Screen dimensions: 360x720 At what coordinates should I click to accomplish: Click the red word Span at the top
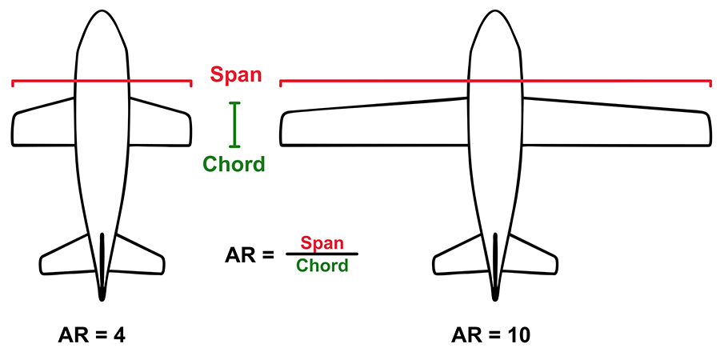tap(236, 74)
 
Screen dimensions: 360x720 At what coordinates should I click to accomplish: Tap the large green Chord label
tap(234, 165)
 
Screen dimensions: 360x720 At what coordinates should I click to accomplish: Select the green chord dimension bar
tap(234, 124)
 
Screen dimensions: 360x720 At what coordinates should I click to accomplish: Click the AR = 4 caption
tap(92, 335)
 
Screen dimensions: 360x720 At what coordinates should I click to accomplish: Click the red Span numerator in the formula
tap(322, 243)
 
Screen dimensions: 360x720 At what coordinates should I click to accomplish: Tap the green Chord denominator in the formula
tap(322, 266)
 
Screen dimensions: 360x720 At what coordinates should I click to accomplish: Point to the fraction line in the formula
tap(322, 254)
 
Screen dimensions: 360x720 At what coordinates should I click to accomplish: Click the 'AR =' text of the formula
tap(250, 255)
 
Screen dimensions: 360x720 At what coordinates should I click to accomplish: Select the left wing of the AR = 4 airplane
tap(44, 125)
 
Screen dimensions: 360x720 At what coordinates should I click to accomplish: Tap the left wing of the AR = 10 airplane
tap(372, 125)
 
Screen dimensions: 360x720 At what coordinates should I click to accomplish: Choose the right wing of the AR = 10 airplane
tap(616, 125)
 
